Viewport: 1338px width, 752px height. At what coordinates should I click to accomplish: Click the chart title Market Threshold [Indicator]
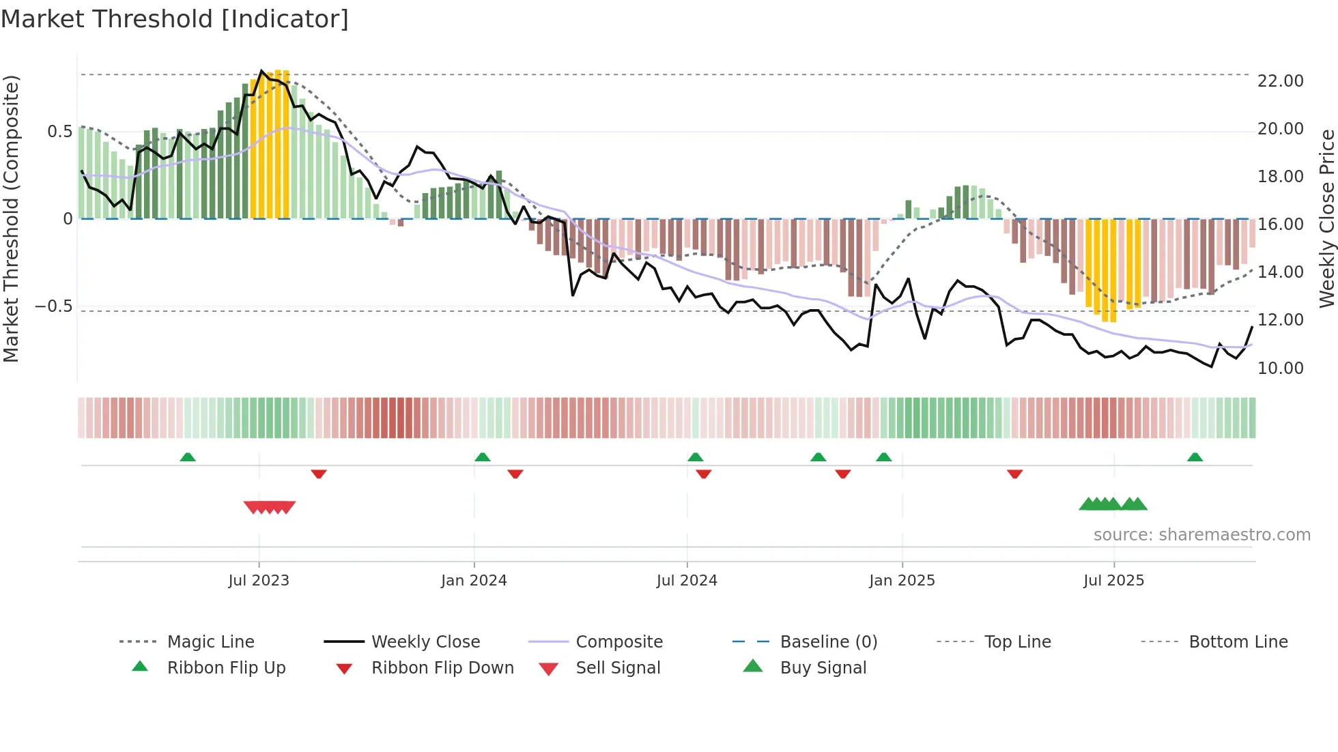[175, 19]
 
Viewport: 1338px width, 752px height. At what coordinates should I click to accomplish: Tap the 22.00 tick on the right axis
[1280, 81]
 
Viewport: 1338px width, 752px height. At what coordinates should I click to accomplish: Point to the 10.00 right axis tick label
[1280, 368]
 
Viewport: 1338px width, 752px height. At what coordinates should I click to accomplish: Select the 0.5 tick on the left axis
[59, 132]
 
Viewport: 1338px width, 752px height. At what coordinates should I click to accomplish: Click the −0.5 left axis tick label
[54, 306]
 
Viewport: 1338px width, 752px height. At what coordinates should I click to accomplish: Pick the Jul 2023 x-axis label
[259, 581]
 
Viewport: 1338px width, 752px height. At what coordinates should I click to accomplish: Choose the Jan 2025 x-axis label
[902, 581]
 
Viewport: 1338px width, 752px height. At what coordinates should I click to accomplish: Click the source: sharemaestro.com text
[1201, 535]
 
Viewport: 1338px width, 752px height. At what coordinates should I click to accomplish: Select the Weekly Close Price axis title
[1326, 218]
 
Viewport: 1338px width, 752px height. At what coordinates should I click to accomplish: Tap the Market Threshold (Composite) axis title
[11, 218]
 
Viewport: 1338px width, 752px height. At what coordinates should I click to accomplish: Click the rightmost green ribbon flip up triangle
[1195, 457]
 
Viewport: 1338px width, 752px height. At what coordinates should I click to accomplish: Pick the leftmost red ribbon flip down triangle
[319, 474]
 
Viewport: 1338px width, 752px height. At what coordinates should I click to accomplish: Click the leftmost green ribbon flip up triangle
[188, 457]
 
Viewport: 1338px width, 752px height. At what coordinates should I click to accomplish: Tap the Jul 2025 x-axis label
[1113, 581]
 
